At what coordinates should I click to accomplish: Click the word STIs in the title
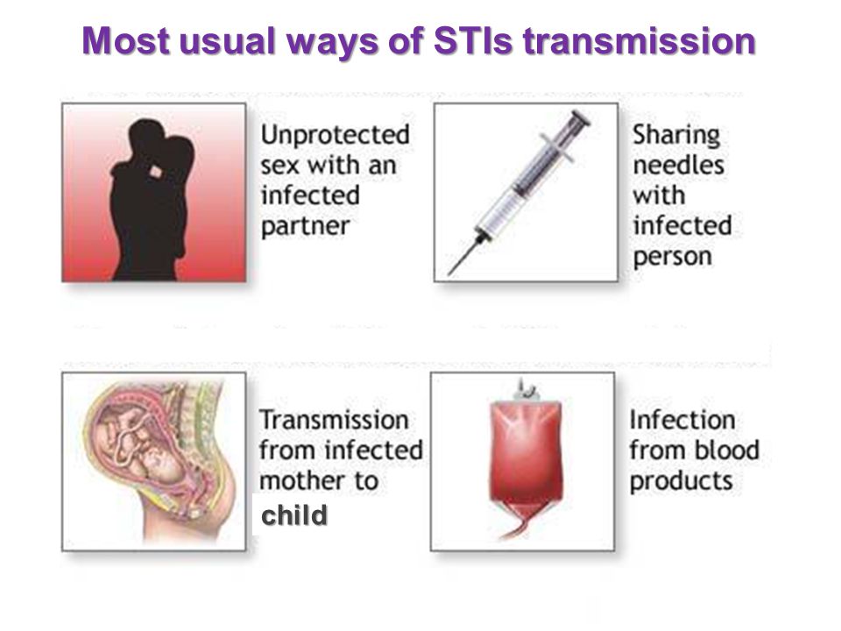[472, 41]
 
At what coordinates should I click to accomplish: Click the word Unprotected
[336, 135]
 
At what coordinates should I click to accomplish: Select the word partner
[305, 226]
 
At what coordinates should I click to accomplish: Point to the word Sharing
[675, 135]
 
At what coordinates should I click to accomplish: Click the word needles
[678, 166]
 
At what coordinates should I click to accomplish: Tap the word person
[672, 257]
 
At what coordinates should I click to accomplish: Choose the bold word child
[294, 515]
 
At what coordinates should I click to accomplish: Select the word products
[682, 481]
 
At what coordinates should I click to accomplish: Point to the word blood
[727, 450]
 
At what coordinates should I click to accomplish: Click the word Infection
[682, 420]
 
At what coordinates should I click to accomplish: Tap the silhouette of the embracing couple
[152, 200]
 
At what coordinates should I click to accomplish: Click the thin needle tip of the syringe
[449, 273]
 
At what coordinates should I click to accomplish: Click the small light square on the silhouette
[156, 172]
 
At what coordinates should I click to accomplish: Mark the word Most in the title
[125, 41]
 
